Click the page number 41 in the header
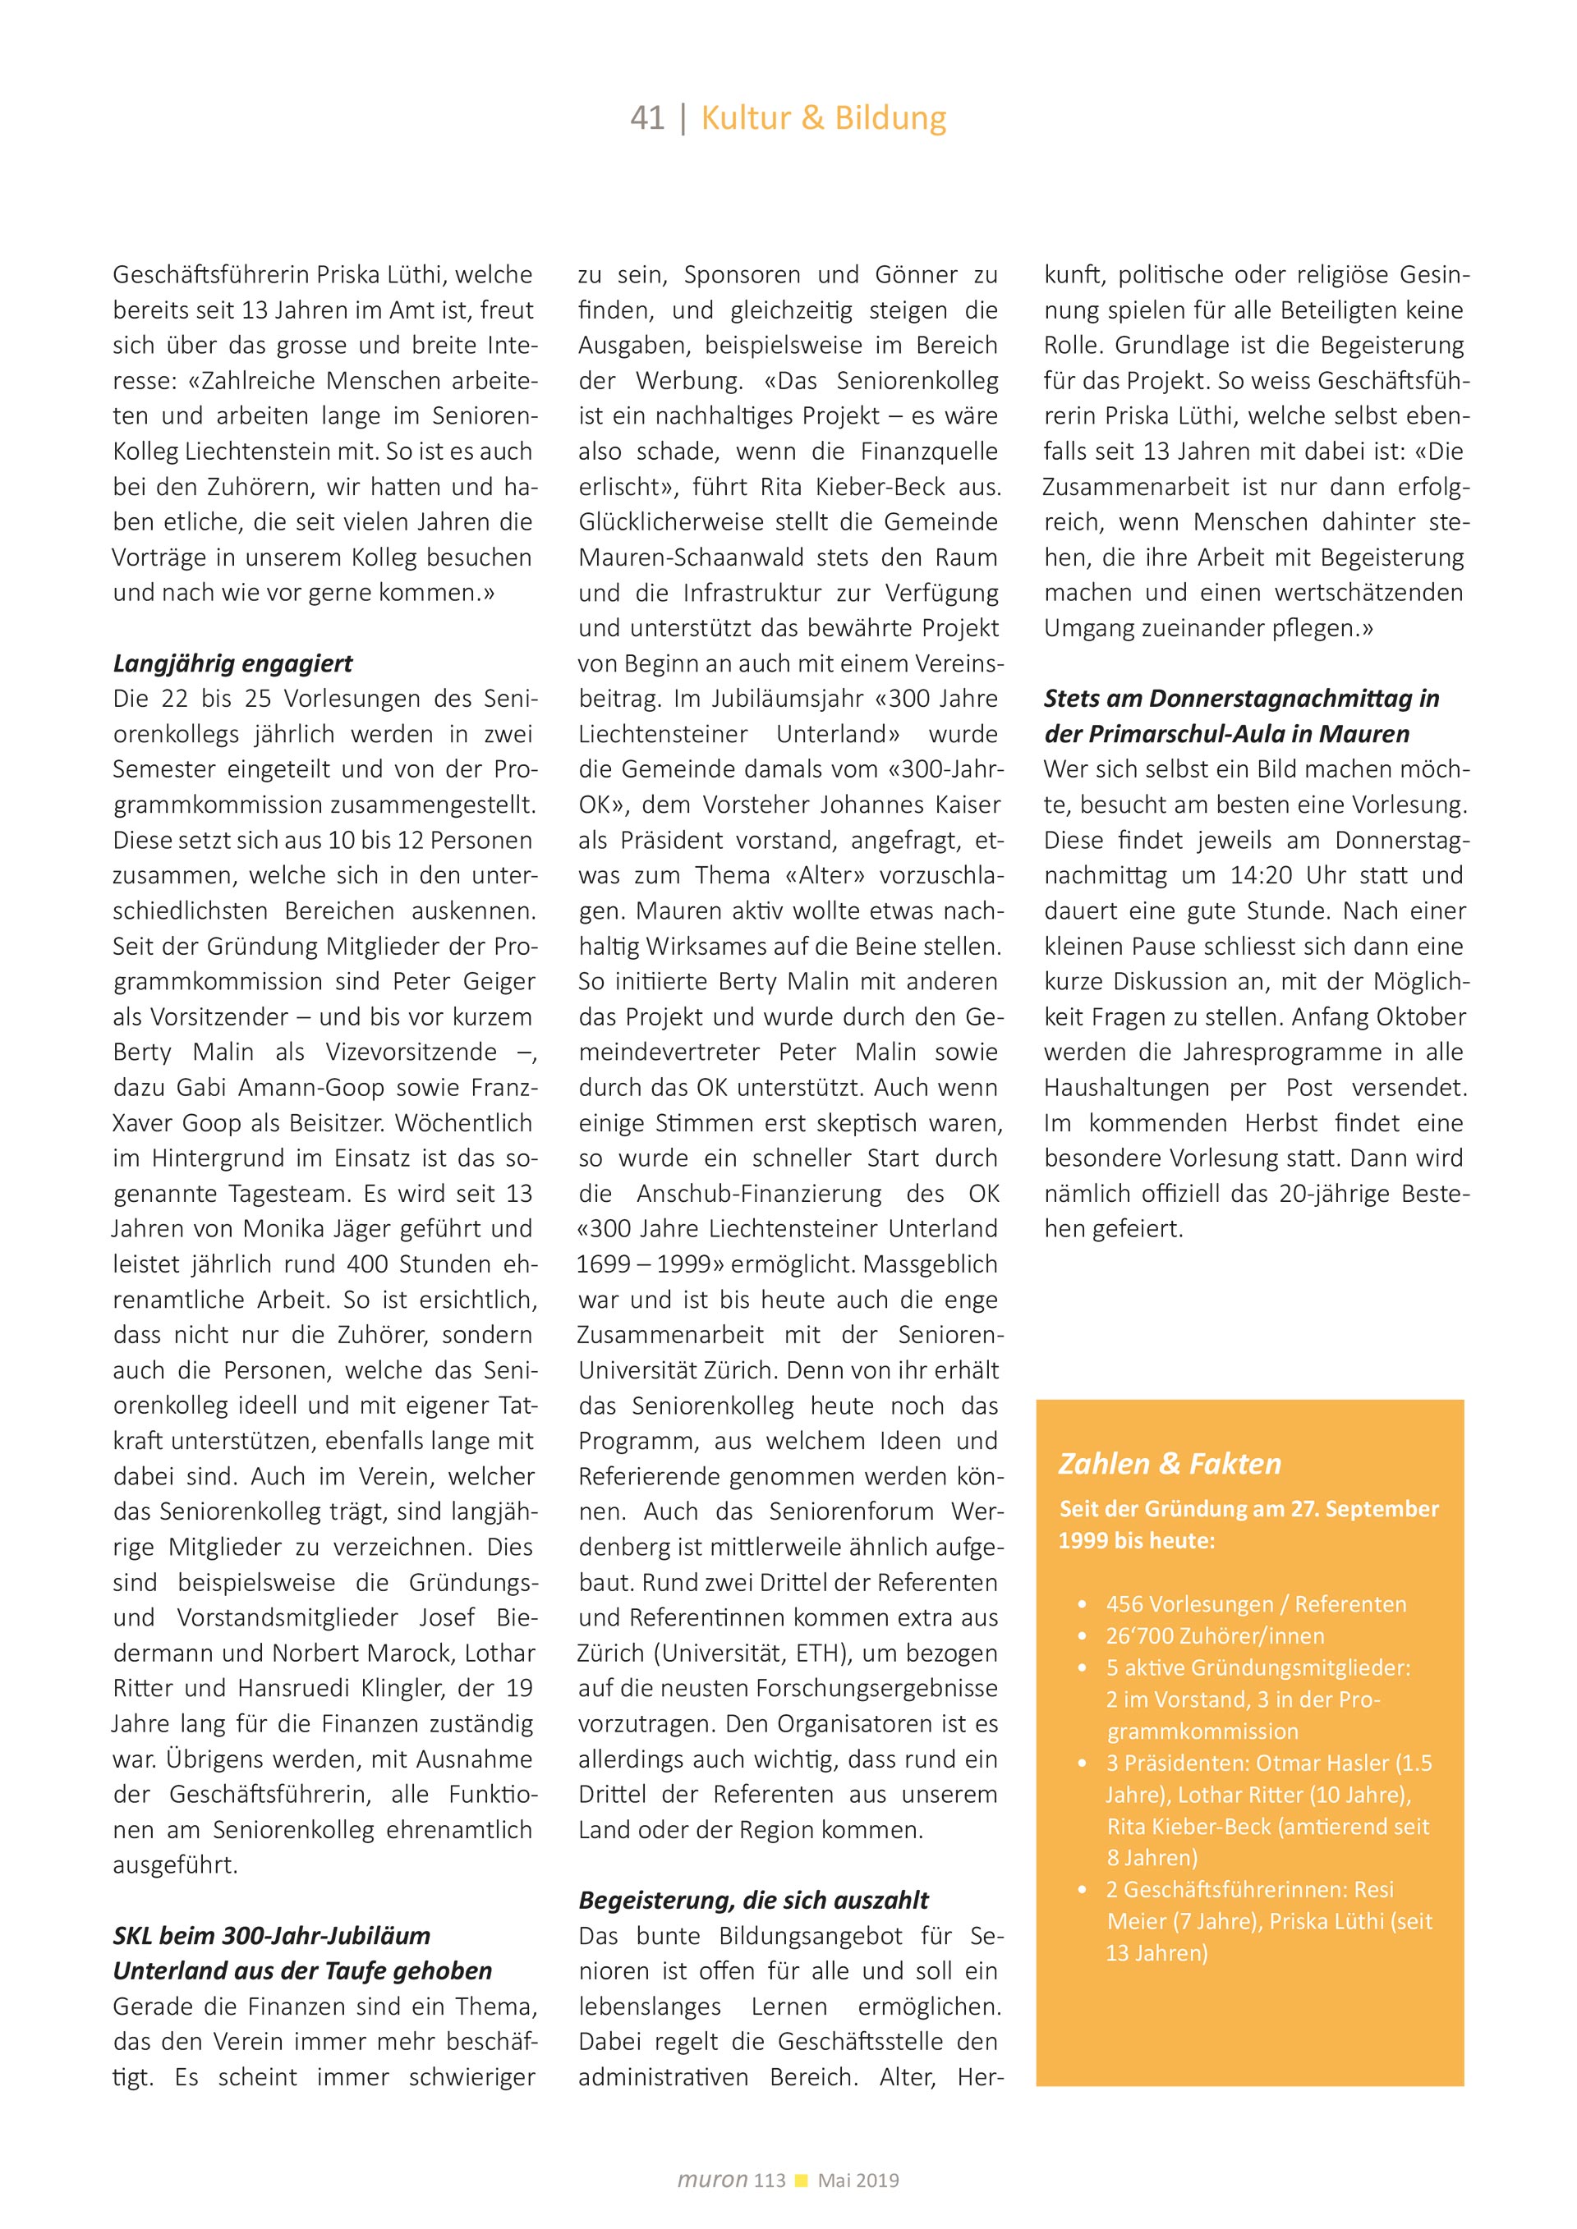tap(646, 118)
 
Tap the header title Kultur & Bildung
tap(824, 118)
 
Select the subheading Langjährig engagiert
tap(232, 664)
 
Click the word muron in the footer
tap(712, 2180)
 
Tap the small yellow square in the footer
tap(801, 2181)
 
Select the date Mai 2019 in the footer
tap(858, 2181)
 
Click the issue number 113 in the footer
tap(769, 2181)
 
